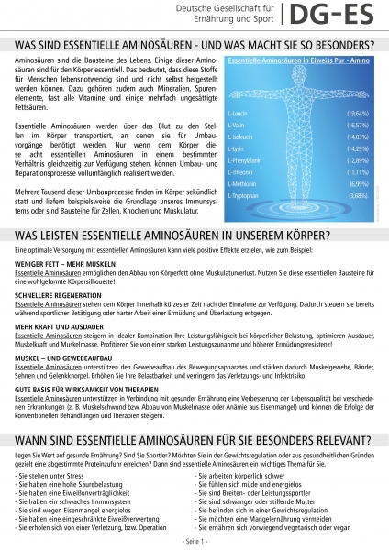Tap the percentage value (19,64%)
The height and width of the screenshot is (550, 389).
tap(357, 113)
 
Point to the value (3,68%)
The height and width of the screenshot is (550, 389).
tap(359, 195)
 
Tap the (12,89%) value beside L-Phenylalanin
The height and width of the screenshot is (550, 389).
tap(357, 159)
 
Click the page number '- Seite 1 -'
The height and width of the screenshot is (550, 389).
tap(194, 542)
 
